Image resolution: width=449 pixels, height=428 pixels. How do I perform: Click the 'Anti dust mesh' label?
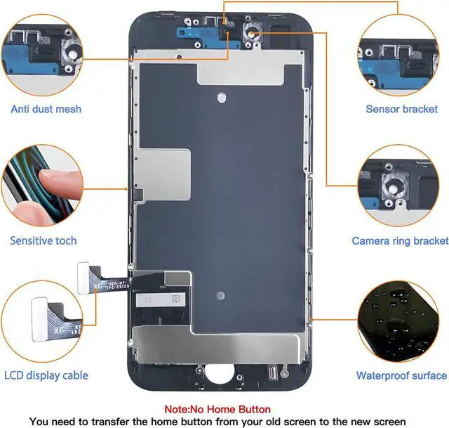46,109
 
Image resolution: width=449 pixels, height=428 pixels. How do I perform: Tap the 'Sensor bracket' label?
402,109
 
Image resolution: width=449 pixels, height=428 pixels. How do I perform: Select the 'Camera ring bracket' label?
400,241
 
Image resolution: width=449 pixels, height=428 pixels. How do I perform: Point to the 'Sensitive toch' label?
43,241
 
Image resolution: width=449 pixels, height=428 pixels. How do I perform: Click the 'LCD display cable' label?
46,375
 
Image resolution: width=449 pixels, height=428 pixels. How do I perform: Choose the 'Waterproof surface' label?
401,375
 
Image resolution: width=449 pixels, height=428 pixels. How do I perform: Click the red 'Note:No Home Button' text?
217,409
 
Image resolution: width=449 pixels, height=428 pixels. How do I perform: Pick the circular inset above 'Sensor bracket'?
401,53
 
